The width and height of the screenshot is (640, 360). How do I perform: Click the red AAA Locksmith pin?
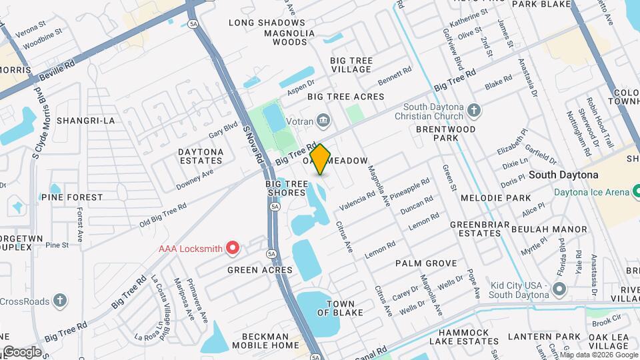(233, 249)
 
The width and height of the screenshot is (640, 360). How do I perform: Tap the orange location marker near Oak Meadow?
(320, 159)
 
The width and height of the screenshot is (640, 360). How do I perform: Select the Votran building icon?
(323, 120)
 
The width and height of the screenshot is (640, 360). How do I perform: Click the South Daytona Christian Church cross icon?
(473, 110)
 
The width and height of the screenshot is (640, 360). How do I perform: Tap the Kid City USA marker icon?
(559, 289)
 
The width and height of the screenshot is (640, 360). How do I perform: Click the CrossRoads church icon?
(60, 301)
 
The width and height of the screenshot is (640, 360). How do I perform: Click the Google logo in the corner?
(21, 351)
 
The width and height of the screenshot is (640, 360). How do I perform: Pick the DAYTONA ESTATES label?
(200, 156)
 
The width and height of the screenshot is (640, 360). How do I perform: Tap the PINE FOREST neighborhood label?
(72, 197)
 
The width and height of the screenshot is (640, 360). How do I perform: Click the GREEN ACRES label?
(259, 270)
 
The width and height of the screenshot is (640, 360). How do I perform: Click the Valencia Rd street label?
(357, 196)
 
